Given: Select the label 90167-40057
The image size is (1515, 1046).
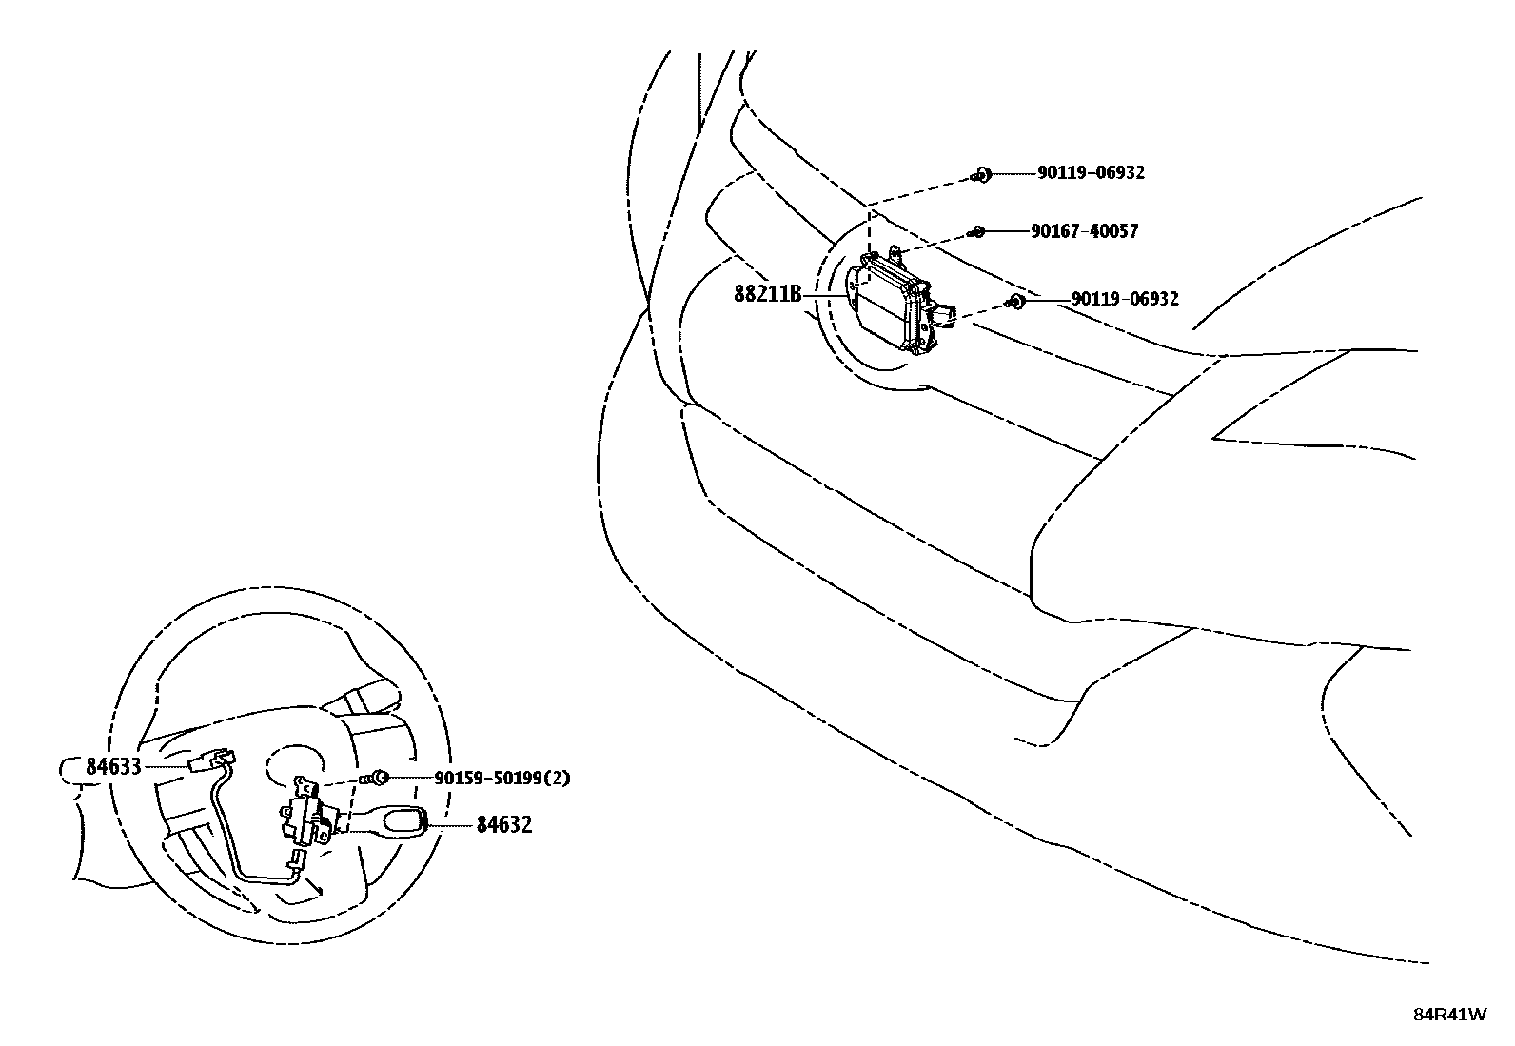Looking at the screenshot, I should (x=1084, y=231).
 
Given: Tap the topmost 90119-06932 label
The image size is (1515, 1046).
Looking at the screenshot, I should (x=1091, y=173).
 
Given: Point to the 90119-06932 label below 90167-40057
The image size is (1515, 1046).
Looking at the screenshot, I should (x=1125, y=299).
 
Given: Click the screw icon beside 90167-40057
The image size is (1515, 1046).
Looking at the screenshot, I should (x=976, y=231).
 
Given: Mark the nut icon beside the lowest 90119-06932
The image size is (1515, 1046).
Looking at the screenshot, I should (x=1016, y=301).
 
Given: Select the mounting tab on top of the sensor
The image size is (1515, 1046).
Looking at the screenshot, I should (x=895, y=252).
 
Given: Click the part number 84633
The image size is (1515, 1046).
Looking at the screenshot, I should (x=113, y=766).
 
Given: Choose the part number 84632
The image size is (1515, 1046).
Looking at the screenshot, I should (x=503, y=825).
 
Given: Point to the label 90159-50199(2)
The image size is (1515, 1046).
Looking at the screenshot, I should (x=502, y=778).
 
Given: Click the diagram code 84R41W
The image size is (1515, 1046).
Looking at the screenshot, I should (x=1449, y=1014).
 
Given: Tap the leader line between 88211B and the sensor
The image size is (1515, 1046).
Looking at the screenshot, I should (x=825, y=296).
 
